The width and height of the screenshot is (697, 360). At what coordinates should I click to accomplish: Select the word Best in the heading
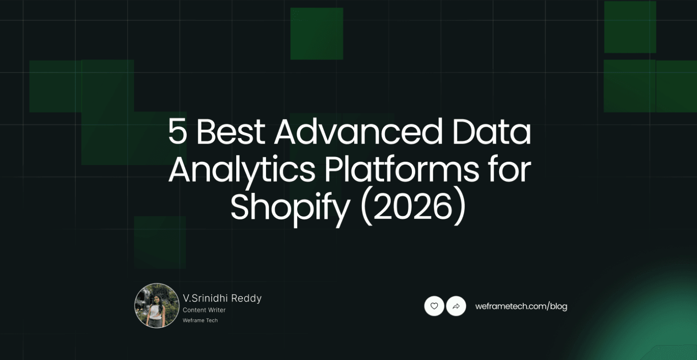[x=230, y=132]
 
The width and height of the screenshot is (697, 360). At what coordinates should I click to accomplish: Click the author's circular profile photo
[x=157, y=306]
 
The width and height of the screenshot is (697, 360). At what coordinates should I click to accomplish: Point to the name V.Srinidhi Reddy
[x=222, y=298]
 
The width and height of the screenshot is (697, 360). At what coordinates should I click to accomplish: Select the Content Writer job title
[x=204, y=310]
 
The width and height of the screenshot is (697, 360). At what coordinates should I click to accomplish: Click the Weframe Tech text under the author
[x=200, y=320]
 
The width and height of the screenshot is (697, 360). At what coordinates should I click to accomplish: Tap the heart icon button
[x=434, y=306]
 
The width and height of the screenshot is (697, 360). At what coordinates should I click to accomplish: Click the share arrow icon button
[x=456, y=306]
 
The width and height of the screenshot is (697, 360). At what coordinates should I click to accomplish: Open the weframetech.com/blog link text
[x=521, y=306]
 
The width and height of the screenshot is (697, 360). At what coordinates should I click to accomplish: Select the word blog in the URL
[x=558, y=306]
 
